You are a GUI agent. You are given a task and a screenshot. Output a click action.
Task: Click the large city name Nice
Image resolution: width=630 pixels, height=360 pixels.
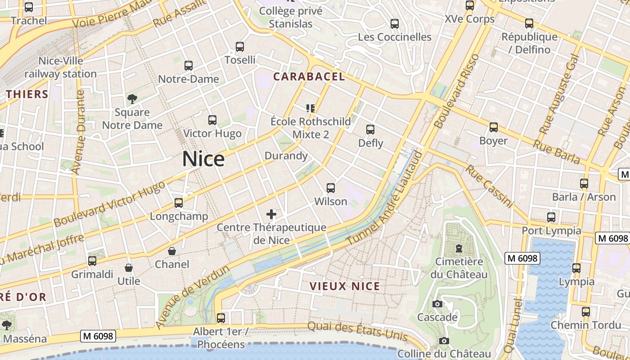point(203,159)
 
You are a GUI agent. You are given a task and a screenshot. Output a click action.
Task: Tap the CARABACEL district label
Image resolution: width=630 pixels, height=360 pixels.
point(309,76)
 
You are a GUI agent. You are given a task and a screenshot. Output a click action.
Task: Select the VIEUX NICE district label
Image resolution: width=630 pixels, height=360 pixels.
point(345,286)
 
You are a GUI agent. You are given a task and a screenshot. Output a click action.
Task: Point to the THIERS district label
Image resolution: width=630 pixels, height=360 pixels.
point(27,94)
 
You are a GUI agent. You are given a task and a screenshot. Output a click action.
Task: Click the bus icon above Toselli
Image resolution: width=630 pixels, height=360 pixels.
point(240,46)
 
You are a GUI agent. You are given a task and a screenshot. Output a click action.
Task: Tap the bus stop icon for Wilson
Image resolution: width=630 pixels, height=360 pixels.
point(331,188)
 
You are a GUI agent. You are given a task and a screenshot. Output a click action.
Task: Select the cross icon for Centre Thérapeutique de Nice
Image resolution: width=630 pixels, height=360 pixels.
point(271,214)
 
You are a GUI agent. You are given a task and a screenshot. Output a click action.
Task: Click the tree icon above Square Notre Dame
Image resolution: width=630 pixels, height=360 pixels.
point(132,99)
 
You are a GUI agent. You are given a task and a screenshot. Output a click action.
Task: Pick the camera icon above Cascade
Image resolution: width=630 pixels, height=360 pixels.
point(437,304)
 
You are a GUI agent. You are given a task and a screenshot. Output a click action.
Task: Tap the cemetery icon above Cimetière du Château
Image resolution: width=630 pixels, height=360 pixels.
point(459,248)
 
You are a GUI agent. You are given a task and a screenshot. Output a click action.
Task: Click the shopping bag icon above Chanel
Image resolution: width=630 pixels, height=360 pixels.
point(172,251)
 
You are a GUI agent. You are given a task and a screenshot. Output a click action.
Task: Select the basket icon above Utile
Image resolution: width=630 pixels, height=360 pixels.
point(129,268)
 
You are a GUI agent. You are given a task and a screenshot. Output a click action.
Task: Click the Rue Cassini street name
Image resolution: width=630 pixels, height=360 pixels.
point(489,186)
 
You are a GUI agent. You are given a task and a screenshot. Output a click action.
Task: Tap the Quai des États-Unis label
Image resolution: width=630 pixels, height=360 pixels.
point(357,332)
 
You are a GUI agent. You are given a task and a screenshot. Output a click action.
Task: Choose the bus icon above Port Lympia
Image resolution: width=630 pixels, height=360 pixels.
point(551,217)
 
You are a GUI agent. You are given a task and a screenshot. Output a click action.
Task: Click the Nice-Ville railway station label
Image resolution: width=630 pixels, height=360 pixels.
point(61,67)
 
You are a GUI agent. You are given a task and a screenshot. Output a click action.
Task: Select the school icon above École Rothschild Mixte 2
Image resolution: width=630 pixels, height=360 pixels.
point(310,108)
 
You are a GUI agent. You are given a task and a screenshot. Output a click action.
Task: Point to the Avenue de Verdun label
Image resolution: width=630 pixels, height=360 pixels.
point(193,297)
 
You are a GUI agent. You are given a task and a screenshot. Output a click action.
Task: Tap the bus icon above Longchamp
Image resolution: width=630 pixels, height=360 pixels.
point(179,202)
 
